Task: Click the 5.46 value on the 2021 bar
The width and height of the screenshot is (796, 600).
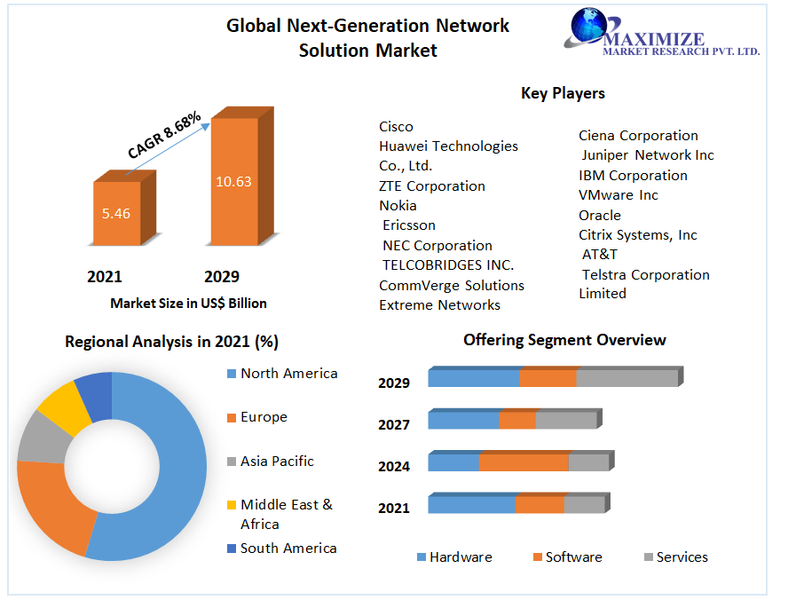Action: click(x=116, y=213)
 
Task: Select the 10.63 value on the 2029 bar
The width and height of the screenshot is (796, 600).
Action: click(x=233, y=181)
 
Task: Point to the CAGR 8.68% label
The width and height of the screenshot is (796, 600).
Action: click(x=164, y=136)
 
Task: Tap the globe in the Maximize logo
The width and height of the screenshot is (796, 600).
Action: click(x=587, y=27)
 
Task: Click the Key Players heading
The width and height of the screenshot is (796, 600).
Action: click(x=563, y=93)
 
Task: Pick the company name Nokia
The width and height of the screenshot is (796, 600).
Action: click(x=398, y=206)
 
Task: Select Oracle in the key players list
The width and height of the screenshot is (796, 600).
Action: click(x=600, y=215)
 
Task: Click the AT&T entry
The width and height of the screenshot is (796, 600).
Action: click(x=600, y=255)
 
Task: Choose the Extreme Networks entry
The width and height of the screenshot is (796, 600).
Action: click(x=439, y=305)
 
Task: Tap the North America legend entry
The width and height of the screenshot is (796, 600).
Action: click(x=288, y=374)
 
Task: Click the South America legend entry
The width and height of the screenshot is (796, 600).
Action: click(x=288, y=549)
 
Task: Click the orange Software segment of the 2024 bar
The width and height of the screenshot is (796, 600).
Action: click(x=524, y=462)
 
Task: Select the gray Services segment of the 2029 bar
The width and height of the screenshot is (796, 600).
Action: click(x=627, y=378)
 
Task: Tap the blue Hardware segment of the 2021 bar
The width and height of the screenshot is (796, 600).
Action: click(x=471, y=505)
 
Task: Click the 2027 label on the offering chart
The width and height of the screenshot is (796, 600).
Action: click(x=394, y=424)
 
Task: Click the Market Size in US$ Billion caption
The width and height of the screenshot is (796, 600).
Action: click(x=188, y=304)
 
